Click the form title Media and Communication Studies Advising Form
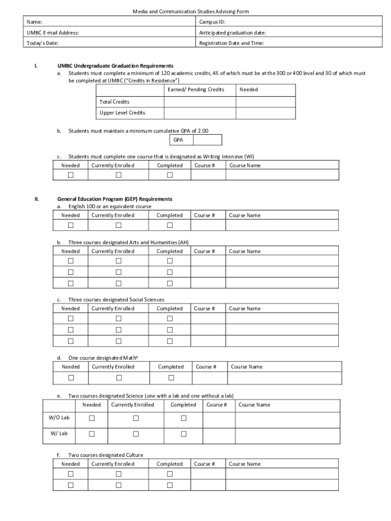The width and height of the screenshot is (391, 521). (x=191, y=11)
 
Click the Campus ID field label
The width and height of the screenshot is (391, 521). (x=212, y=22)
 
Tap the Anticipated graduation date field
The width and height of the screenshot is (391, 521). (x=233, y=33)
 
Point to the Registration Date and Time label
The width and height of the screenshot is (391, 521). (x=231, y=43)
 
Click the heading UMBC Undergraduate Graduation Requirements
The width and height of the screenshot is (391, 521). (x=115, y=66)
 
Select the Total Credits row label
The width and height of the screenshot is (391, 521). (x=114, y=102)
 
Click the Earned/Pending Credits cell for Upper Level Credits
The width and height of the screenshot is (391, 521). (x=200, y=113)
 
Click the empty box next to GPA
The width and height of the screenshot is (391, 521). (x=207, y=140)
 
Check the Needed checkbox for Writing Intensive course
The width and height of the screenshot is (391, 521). (x=71, y=175)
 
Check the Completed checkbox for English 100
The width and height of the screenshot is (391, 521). (x=170, y=225)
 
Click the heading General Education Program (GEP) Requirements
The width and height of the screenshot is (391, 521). (x=115, y=199)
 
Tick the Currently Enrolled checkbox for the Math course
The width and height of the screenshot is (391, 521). (x=119, y=378)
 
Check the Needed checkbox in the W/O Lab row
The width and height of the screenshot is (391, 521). (x=92, y=418)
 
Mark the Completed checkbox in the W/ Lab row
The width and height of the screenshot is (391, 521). (x=184, y=434)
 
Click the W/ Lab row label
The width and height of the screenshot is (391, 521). (x=58, y=433)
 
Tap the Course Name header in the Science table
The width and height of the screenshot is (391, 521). (x=254, y=405)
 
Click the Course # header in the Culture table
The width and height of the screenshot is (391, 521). (x=205, y=464)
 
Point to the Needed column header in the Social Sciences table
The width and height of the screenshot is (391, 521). (x=71, y=309)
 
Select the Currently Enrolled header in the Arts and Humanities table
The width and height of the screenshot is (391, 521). (x=113, y=251)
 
